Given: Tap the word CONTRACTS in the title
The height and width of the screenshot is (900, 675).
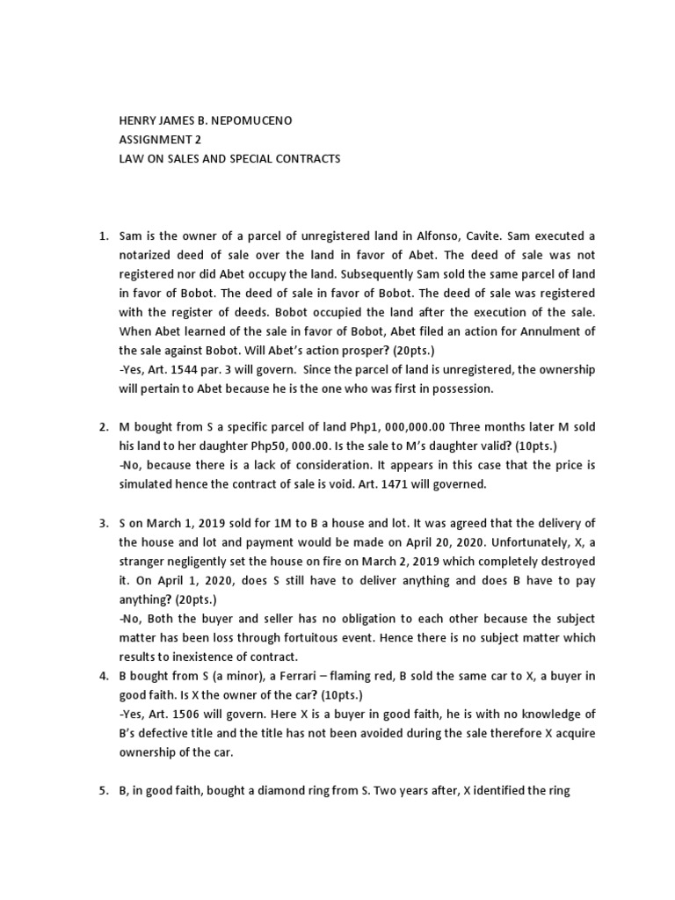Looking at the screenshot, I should (x=307, y=159).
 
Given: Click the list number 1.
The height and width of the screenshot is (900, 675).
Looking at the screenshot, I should (x=102, y=236).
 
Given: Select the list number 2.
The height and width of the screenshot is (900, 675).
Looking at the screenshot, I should (x=102, y=426).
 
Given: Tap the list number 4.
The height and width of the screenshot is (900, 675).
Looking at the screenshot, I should (x=102, y=675).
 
